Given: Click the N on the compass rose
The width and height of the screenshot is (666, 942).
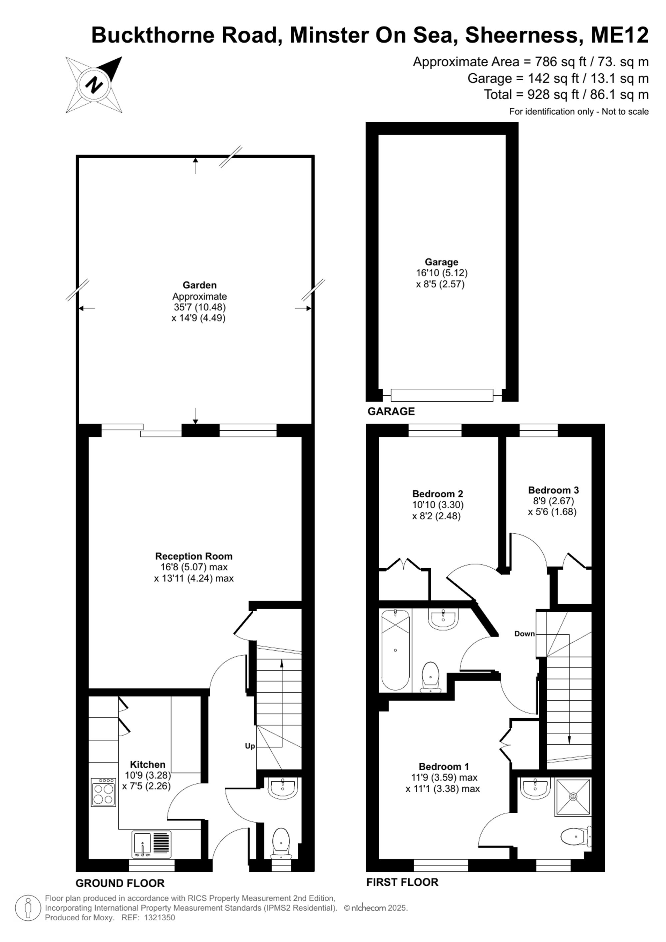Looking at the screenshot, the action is tap(94, 85).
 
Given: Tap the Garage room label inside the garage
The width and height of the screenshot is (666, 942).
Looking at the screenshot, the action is tap(441, 262).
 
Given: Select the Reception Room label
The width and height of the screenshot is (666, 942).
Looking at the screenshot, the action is tap(193, 556).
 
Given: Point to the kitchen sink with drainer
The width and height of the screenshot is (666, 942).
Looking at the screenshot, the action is tap(151, 844).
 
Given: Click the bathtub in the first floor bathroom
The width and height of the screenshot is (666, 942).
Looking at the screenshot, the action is tap(395, 650).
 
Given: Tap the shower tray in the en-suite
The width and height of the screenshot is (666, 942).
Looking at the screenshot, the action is tap(573, 796).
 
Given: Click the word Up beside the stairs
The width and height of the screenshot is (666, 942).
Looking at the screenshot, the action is tap(250, 746).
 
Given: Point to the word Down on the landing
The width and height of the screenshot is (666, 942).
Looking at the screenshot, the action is tap(524, 634).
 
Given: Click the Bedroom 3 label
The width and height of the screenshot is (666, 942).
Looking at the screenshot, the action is tap(553, 490).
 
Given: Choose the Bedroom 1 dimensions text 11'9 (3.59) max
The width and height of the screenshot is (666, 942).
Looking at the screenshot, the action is tap(444, 777).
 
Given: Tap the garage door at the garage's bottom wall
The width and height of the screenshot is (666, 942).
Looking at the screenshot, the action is tap(442, 395).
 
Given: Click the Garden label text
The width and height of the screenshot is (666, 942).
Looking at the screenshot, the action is tap(199, 285).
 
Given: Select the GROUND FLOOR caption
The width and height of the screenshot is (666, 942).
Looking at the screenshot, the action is tap(120, 883).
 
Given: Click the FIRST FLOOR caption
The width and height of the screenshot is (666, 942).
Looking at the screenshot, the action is tap(402, 882).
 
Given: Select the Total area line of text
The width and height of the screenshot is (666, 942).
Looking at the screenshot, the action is tap(566, 94).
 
